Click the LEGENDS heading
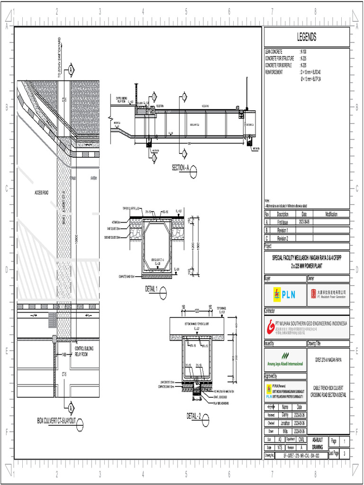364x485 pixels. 307,37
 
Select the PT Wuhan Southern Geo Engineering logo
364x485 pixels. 306,326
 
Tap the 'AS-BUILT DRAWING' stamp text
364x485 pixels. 318,443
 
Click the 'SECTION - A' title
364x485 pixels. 180,168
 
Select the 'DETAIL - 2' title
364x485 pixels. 194,416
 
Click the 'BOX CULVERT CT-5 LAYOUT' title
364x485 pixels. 56,421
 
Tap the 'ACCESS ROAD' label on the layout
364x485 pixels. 41,192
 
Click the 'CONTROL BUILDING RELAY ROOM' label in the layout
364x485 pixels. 85,351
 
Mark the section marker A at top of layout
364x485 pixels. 71,70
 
